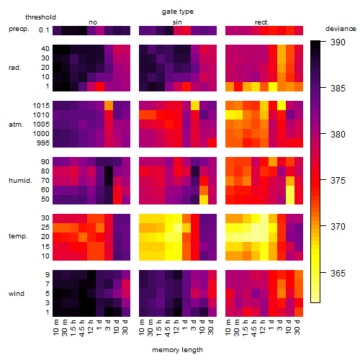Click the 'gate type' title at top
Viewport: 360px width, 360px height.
click(x=178, y=12)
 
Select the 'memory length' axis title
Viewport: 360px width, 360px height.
click(x=177, y=350)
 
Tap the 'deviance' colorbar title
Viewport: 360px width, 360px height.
click(x=341, y=29)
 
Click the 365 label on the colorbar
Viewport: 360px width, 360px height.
click(x=338, y=274)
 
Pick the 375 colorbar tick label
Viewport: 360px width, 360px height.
click(x=338, y=181)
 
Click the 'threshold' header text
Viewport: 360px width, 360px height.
click(x=40, y=17)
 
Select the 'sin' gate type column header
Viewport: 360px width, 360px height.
click(x=177, y=22)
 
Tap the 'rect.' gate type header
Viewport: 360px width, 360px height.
click(x=262, y=22)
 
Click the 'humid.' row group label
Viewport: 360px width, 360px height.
click(x=20, y=181)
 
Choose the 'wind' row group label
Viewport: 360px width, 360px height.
click(x=17, y=294)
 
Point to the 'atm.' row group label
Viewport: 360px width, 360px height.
click(x=16, y=125)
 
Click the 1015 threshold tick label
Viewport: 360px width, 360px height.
click(x=41, y=106)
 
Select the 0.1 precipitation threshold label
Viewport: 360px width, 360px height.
click(x=44, y=30)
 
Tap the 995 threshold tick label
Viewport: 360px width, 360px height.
click(x=43, y=143)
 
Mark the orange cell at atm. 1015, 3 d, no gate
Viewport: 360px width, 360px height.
click(x=109, y=106)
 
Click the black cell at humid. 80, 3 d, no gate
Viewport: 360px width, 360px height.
click(x=109, y=171)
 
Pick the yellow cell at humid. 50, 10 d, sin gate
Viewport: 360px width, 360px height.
click(x=204, y=199)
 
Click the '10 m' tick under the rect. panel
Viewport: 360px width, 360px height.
click(x=228, y=327)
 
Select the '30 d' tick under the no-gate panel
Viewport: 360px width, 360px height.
click(x=125, y=327)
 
